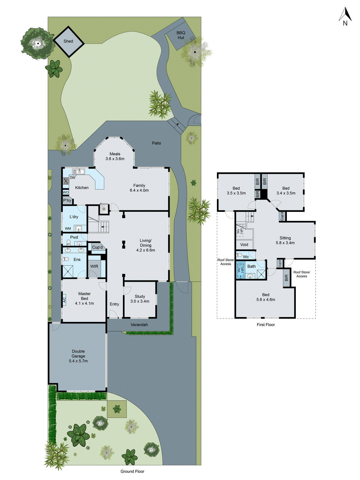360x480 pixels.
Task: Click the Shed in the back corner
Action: point(68,41)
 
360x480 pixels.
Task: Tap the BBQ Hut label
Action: point(181,35)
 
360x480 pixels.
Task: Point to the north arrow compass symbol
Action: point(345,17)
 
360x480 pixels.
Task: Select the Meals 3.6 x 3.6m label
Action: point(115,156)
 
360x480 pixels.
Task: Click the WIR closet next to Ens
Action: point(94,266)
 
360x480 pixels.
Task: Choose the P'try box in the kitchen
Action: point(67,200)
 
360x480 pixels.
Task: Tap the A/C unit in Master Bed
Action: point(64,299)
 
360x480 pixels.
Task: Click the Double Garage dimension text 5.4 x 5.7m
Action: point(78,361)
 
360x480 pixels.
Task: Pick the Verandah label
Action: point(139,325)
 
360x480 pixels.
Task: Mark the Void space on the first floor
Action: point(244,244)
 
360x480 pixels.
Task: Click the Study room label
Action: point(140,296)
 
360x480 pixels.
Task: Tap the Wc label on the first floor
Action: point(246,257)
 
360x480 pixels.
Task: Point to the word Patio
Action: point(156,143)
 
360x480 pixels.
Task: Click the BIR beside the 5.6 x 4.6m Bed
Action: point(286,278)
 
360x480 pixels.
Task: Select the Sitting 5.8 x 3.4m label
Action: point(285,240)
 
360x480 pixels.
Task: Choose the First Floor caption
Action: point(265,325)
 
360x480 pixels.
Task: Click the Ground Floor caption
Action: point(132,471)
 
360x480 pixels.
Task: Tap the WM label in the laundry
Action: point(68,229)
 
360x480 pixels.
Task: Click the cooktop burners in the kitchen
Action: point(66,181)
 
